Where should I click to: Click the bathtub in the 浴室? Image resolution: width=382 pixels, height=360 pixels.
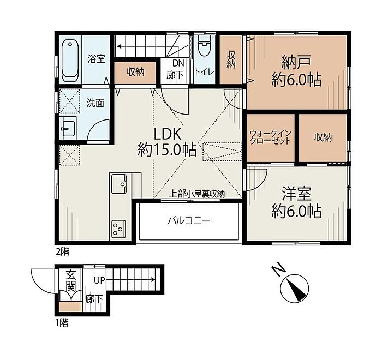pos(70,61)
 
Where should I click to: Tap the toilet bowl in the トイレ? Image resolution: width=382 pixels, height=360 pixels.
pos(204,46)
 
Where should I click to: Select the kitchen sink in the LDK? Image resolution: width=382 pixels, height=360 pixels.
pos(119,184)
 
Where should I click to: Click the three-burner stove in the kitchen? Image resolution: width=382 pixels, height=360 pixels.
pos(118,229)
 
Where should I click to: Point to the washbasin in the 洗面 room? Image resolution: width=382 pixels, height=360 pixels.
pos(69,128)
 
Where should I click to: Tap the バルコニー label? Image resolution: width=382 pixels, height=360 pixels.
pos(189,221)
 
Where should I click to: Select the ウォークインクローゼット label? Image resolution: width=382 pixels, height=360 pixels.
pos(271,137)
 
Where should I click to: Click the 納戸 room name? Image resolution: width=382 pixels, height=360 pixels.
pos(296,62)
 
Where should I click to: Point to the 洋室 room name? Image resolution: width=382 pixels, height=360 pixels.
pos(296,194)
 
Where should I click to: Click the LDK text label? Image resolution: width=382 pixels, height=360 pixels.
pos(168,134)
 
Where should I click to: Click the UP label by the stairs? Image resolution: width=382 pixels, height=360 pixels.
pos(99,280)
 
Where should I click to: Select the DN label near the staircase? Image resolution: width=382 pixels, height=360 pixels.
pos(178,63)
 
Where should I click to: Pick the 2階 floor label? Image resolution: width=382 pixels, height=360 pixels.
pos(63,252)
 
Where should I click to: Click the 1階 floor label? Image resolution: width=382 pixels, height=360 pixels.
pos(62,323)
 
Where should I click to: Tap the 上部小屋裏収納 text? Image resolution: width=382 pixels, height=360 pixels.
pos(197,194)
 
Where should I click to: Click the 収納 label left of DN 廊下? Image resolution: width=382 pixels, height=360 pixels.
pos(135,73)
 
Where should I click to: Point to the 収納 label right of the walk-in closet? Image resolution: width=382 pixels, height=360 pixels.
pos(323,137)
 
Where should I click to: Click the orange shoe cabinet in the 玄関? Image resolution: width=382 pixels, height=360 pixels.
pos(70,307)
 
